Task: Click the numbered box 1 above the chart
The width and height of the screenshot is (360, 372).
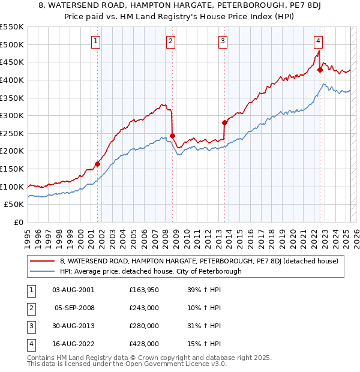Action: [97, 41]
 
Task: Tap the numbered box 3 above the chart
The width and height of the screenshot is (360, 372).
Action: [223, 41]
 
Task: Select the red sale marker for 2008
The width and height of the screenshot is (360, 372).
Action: [172, 136]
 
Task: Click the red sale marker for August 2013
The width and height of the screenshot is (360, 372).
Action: [225, 122]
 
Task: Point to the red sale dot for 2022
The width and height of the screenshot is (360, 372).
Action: [320, 70]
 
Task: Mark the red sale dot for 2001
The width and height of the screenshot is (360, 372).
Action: [97, 164]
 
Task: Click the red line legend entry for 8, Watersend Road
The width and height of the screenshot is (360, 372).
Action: [199, 261]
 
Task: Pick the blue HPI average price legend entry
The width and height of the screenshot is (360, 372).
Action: [150, 271]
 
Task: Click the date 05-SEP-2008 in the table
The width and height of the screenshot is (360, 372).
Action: [74, 308]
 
